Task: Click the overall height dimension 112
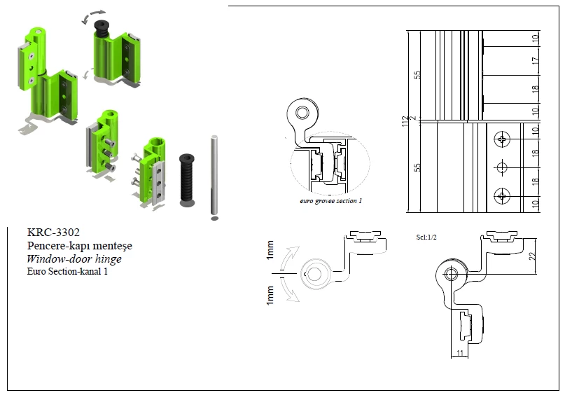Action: pos(405,122)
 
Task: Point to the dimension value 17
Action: pos(535,61)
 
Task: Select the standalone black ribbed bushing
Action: pos(187,179)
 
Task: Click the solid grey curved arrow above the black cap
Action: pos(95,14)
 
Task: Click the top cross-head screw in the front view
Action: pos(501,139)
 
